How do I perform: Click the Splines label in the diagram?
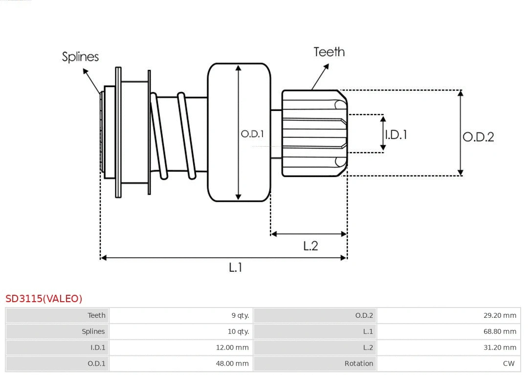point(80,57)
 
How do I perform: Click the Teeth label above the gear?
point(329,52)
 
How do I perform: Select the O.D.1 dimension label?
point(252,133)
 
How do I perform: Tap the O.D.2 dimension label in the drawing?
point(478,137)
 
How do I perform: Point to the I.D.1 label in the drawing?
point(396,134)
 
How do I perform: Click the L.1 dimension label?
point(236,267)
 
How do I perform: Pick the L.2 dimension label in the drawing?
point(310,245)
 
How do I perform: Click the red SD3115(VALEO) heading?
point(44,298)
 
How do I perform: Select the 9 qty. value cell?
point(240,315)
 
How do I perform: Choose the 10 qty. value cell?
point(238,331)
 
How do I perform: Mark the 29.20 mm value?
point(500,315)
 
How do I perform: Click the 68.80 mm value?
point(500,331)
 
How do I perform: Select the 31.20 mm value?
point(500,348)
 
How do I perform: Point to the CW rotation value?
point(508,363)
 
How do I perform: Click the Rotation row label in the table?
point(358,363)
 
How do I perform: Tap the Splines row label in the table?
point(93,331)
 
